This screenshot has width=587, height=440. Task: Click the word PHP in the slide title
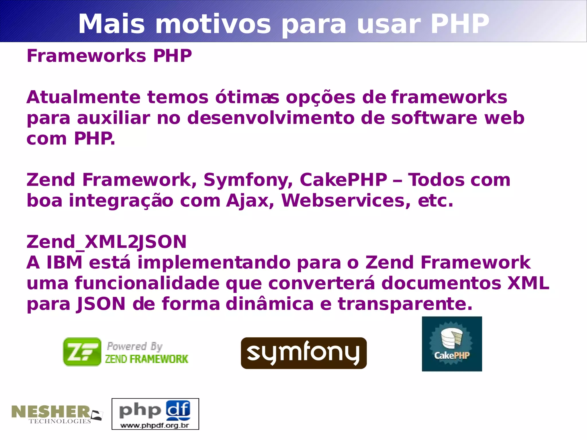[x=460, y=24]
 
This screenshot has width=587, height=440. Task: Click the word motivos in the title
[x=213, y=24]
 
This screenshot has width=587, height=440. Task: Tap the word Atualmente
[x=83, y=97]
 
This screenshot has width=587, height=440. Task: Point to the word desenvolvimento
[x=271, y=118]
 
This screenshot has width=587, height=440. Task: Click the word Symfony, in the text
[x=248, y=180]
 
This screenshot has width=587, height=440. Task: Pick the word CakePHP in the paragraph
[x=343, y=180]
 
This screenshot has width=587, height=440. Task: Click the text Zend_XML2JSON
[x=106, y=242]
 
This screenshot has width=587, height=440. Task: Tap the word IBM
[x=64, y=263]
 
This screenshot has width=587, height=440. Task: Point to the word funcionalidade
[x=147, y=283]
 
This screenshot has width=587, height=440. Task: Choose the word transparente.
[x=405, y=304]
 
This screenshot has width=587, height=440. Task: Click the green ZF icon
[x=82, y=352]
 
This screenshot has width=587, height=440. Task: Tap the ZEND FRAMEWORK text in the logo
[x=146, y=359]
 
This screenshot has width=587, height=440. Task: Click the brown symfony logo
[x=304, y=353]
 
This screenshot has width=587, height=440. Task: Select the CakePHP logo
[x=452, y=344]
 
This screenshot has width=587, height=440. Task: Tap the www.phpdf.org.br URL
[x=155, y=425]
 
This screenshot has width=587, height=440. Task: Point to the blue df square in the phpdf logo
[x=178, y=409]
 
